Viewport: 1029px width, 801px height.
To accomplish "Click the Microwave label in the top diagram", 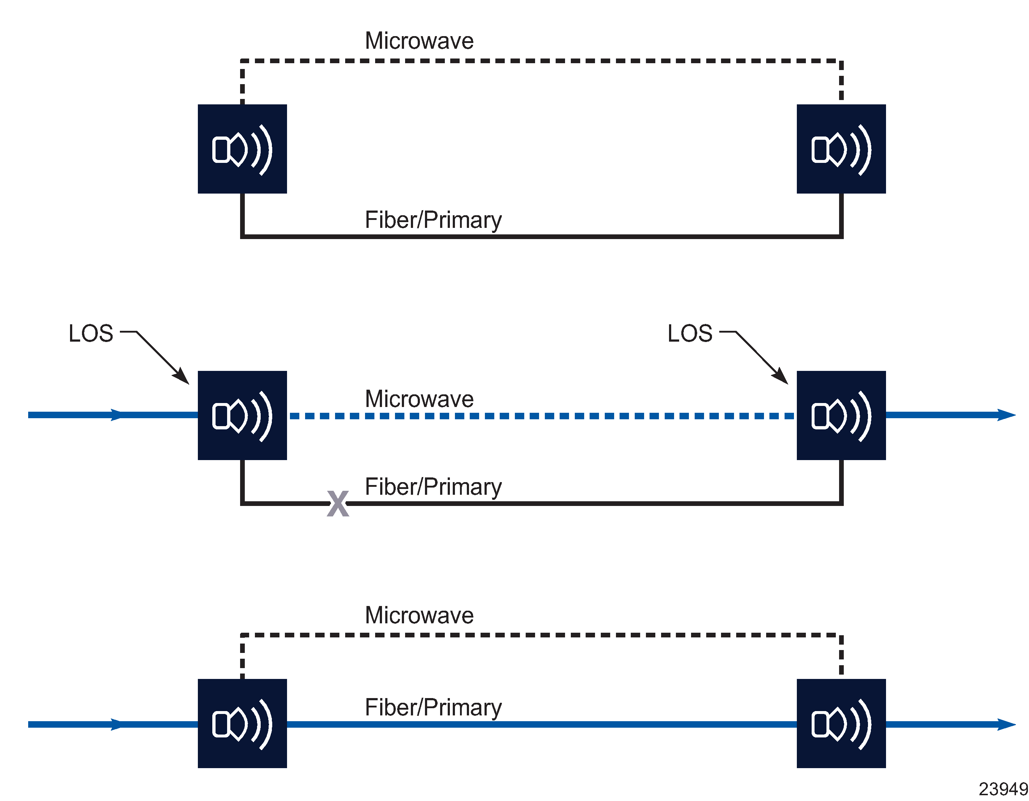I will coord(419,41).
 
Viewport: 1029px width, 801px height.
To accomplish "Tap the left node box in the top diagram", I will coord(242,149).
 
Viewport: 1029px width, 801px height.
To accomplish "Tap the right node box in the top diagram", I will coord(841,149).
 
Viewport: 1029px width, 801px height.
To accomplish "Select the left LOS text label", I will coord(91,334).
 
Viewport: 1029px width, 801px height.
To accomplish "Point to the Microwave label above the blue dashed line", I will coord(419,399).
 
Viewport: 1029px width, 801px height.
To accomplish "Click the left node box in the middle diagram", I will coord(242,415).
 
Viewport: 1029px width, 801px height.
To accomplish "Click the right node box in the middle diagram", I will coord(841,415).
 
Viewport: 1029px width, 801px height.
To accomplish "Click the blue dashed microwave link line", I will coord(542,416).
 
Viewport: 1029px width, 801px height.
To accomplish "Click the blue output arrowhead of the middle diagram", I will coord(1007,415).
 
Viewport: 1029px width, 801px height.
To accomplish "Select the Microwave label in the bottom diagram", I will coord(419,615).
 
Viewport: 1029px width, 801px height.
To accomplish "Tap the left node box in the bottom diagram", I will coord(242,724).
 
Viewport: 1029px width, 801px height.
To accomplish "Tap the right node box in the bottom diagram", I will coord(841,724).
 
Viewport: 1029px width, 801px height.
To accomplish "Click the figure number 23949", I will coord(1003,789).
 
